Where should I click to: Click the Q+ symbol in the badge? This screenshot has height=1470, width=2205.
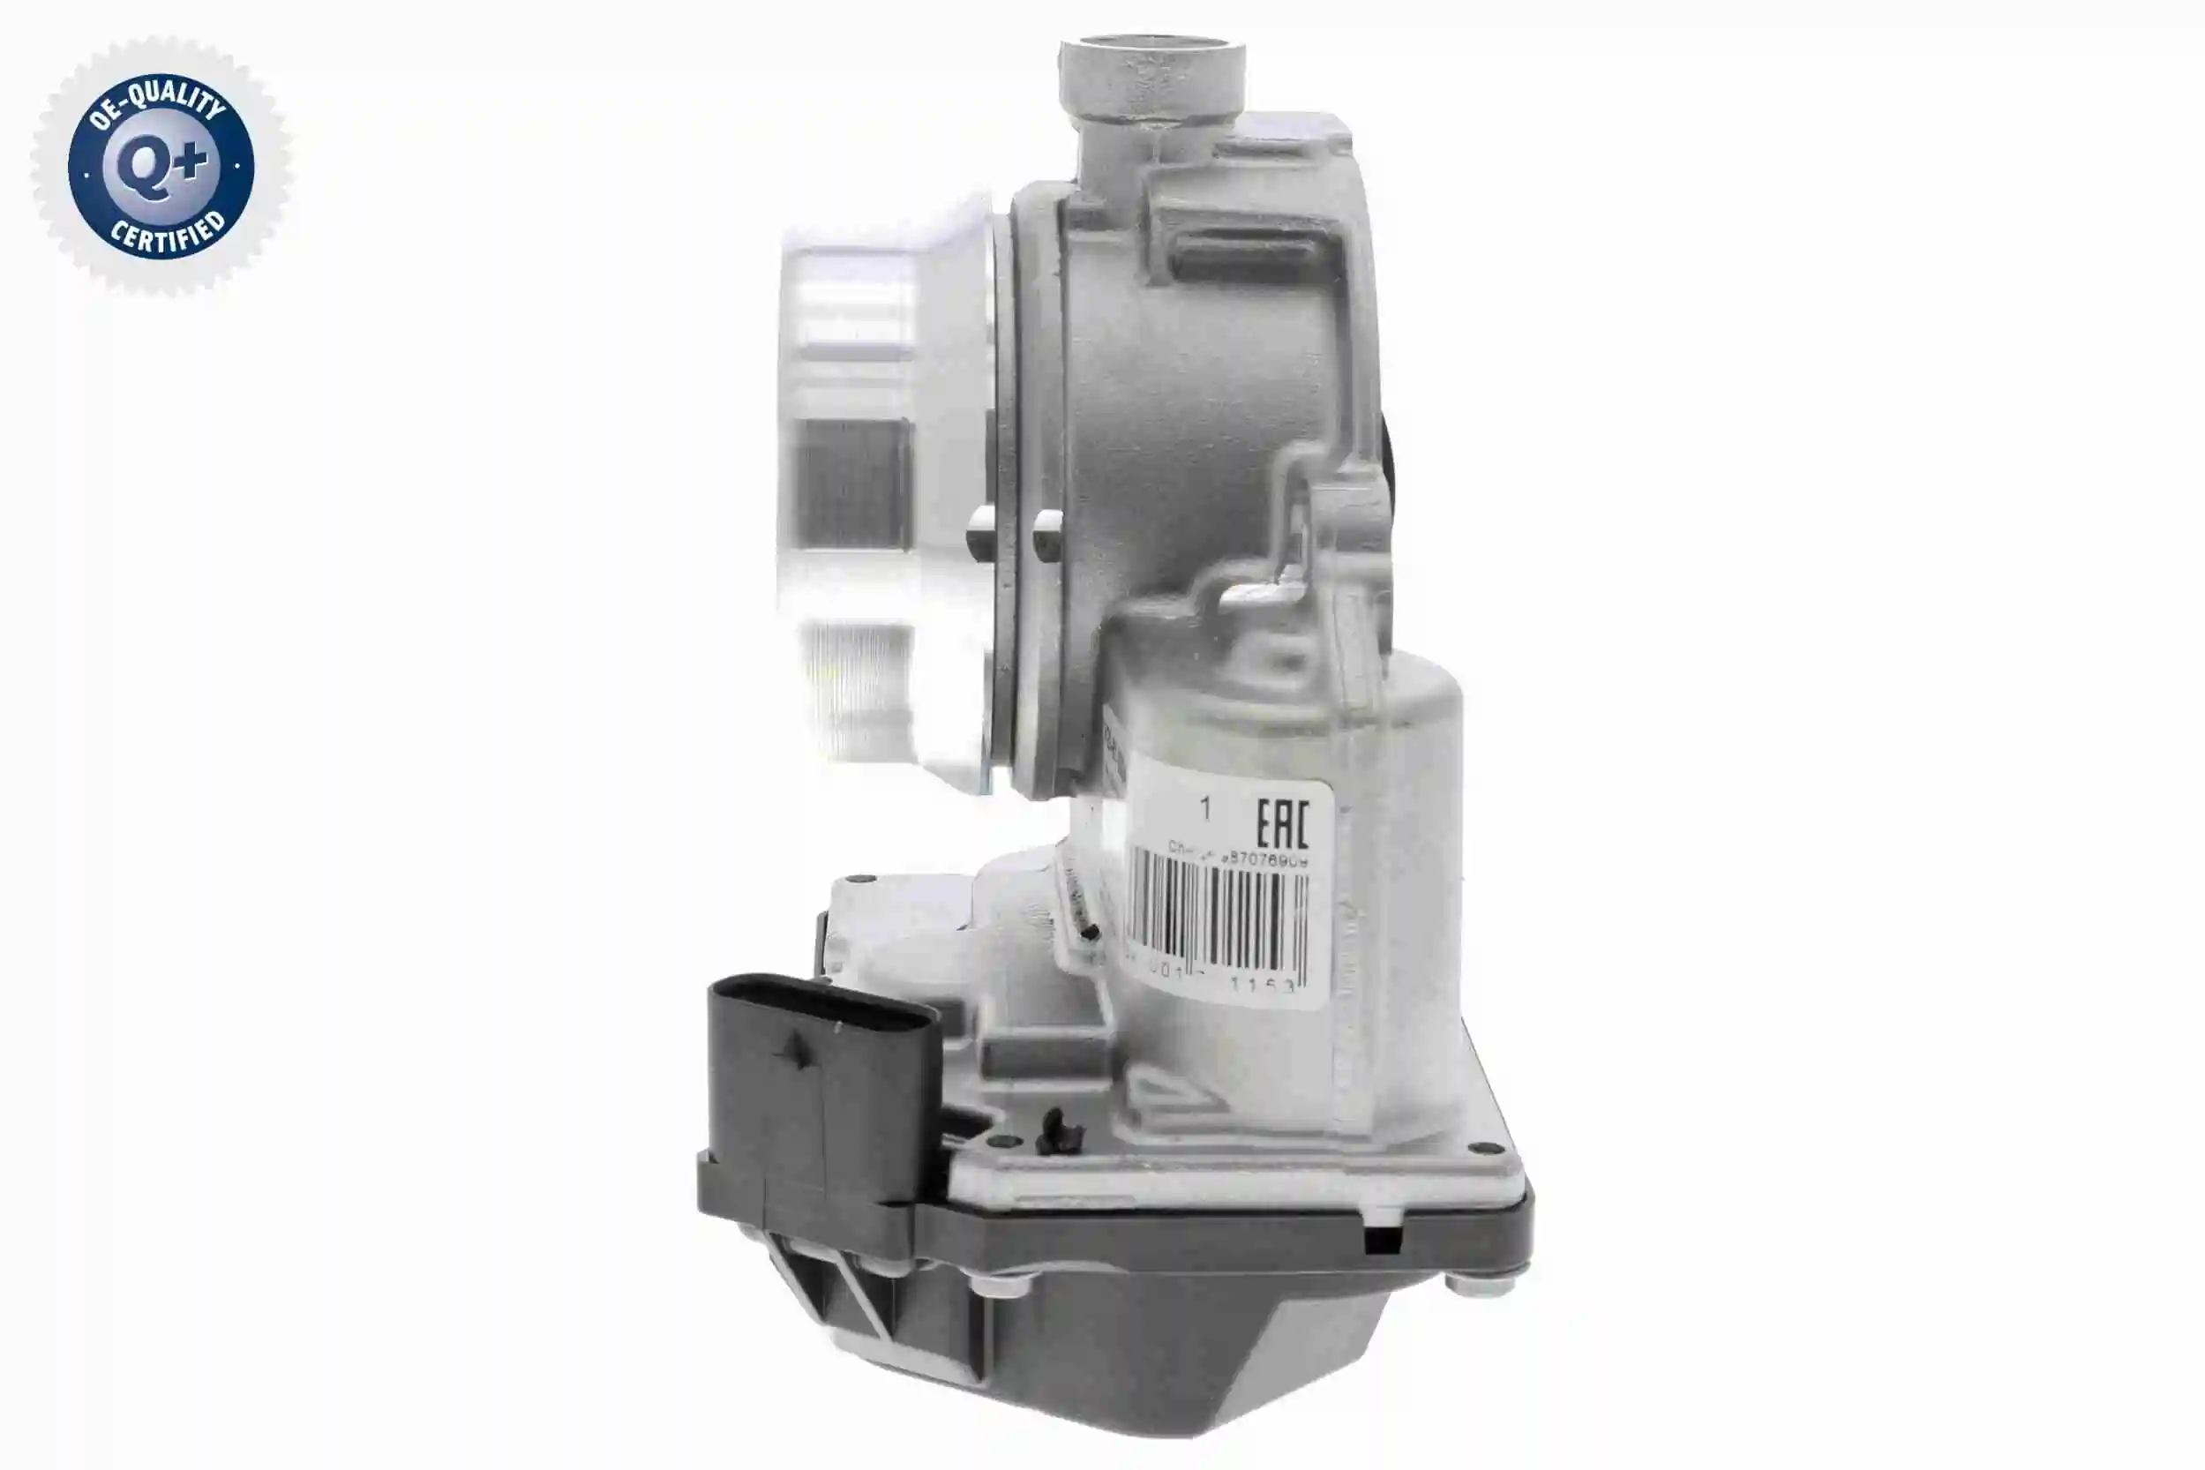161,168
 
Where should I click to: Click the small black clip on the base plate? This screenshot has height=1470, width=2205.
1060,1129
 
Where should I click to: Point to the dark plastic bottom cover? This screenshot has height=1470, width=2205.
1172,1350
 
